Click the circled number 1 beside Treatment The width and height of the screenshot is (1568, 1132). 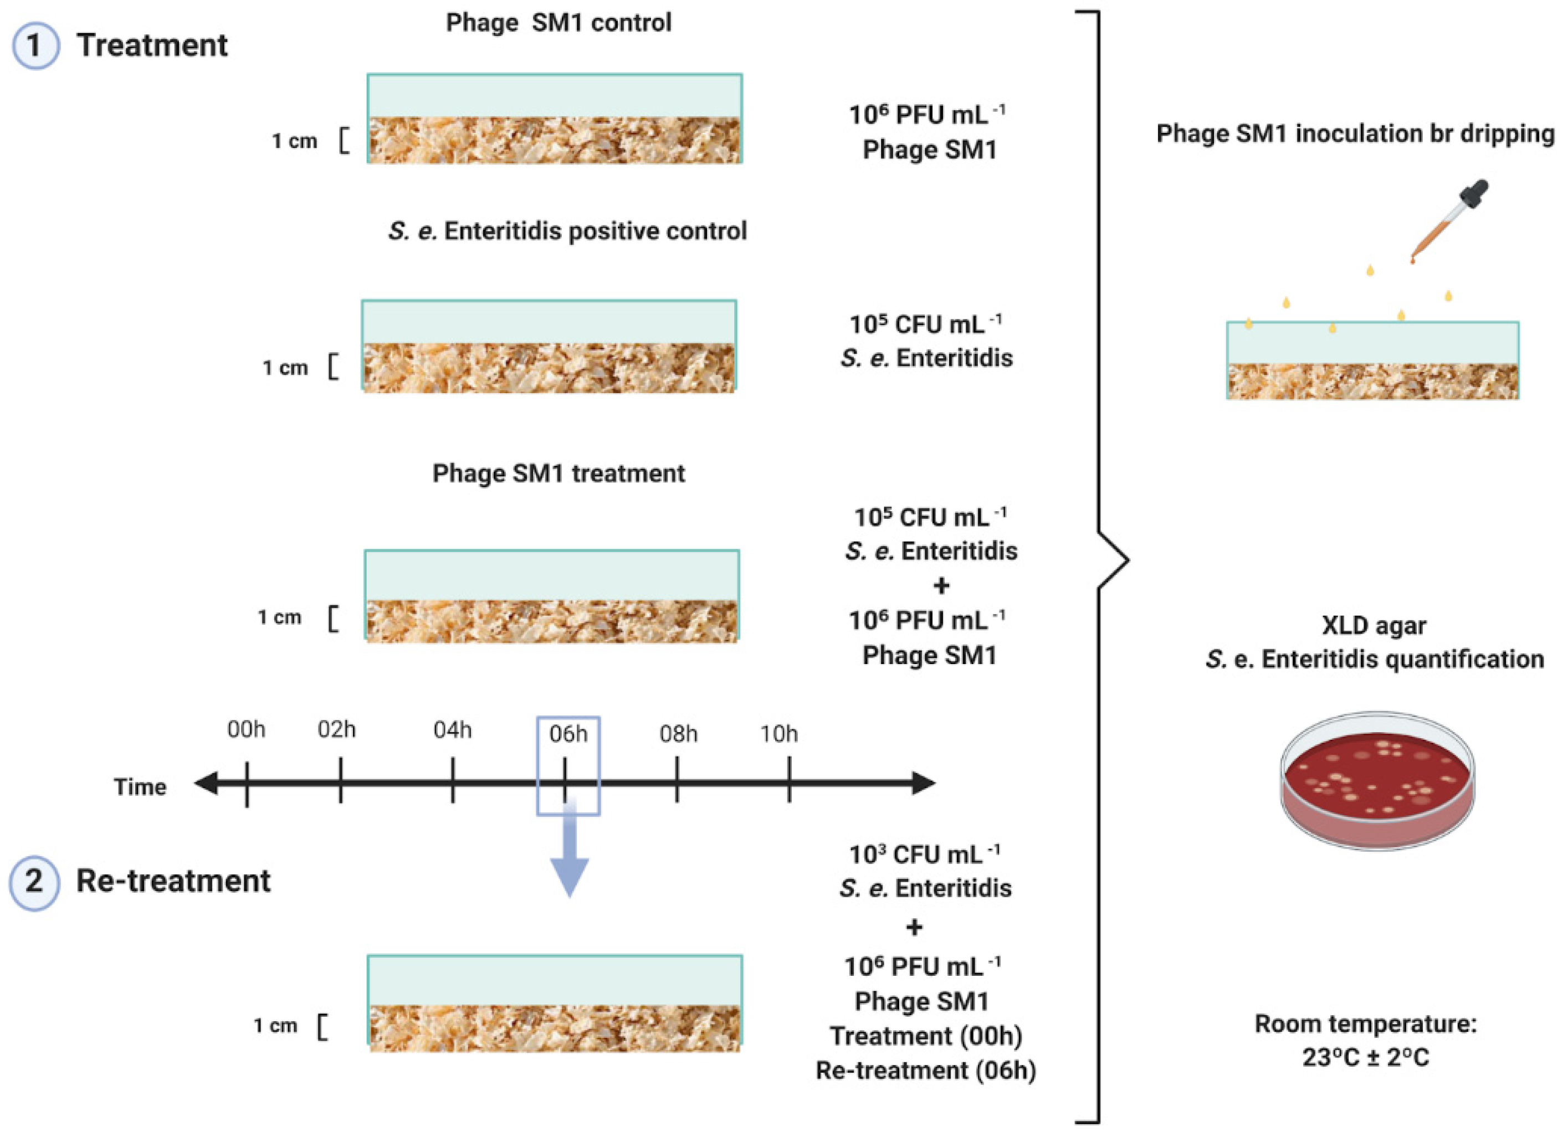click(36, 45)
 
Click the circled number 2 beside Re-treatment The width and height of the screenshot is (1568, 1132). click(34, 881)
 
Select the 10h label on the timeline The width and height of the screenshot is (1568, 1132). click(779, 733)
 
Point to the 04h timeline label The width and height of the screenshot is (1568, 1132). click(453, 730)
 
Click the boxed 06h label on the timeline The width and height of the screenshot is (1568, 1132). click(568, 733)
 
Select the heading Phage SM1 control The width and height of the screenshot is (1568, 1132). click(558, 23)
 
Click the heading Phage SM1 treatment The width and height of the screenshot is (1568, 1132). click(558, 474)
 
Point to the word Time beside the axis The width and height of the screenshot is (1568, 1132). click(140, 787)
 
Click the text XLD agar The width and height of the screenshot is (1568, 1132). click(1374, 625)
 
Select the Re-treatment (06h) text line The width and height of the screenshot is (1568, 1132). click(926, 1071)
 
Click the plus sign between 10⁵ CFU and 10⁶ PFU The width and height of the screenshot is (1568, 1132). click(941, 586)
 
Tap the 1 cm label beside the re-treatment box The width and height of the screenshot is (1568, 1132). click(275, 1026)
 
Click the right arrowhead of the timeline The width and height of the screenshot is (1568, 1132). click(924, 783)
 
